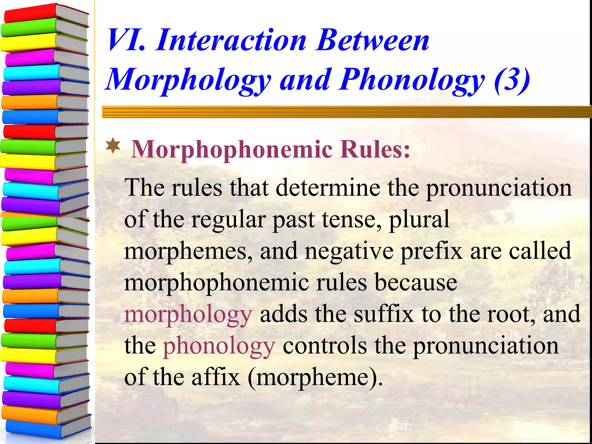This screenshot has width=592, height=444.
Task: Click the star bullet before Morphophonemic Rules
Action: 113,146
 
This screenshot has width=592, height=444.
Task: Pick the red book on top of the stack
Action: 32,13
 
